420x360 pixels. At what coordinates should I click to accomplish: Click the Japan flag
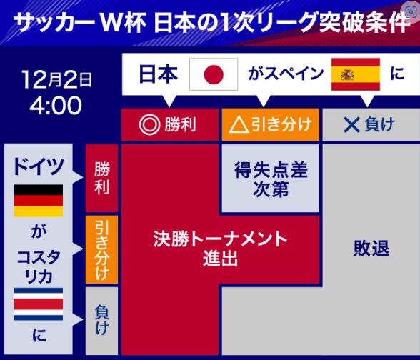point(214,74)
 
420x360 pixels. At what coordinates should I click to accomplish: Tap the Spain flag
point(356,74)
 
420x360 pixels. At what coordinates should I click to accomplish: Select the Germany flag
point(39,201)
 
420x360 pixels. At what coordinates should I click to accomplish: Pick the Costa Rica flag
point(39,304)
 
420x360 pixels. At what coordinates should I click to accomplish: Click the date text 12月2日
point(57,79)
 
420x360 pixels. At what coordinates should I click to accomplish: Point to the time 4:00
point(56,105)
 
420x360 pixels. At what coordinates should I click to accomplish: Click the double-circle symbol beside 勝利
point(149,125)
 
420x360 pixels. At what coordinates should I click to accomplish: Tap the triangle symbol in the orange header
point(239,125)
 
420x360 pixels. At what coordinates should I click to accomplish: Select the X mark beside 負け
point(351,125)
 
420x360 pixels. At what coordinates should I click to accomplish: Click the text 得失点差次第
point(271,179)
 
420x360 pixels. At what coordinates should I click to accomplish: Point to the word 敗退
point(371,249)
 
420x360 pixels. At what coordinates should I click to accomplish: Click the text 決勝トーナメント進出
point(220,249)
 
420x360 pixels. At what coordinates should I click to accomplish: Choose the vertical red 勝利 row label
point(101,178)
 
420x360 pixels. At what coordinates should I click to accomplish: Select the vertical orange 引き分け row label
point(101,250)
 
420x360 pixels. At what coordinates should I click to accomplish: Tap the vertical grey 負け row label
point(101,321)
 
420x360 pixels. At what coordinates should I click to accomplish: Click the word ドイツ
point(39,167)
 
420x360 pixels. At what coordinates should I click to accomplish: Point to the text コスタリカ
point(39,267)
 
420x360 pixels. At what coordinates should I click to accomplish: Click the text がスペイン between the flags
point(286,74)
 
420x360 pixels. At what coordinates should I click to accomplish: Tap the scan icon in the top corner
point(411,11)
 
